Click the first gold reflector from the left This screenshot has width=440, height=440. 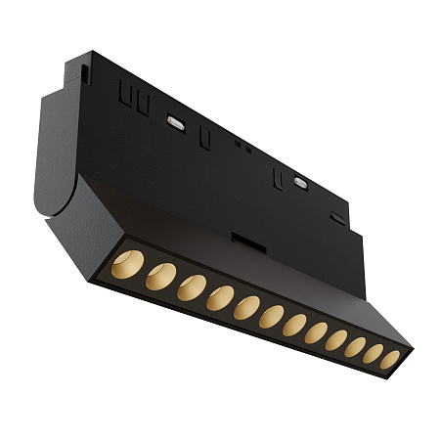pyautogui.click(x=127, y=264)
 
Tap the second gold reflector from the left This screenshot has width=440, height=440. pyautogui.click(x=160, y=277)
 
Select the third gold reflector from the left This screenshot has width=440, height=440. pyautogui.click(x=193, y=288)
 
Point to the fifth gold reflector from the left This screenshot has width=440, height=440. pyautogui.click(x=247, y=309)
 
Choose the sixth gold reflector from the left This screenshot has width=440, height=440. pyautogui.click(x=272, y=318)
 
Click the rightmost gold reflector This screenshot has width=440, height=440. pyautogui.click(x=389, y=360)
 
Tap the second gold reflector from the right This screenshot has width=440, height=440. pyautogui.click(x=373, y=354)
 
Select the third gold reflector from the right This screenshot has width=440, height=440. pyautogui.click(x=354, y=347)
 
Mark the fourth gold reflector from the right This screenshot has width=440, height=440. pyautogui.click(x=335, y=340)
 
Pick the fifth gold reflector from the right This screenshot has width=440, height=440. pyautogui.click(x=315, y=333)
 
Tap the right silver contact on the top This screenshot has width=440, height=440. pyautogui.click(x=299, y=181)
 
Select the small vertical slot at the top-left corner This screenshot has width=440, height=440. pyautogui.click(x=85, y=73)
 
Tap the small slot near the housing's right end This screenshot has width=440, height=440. pyautogui.click(x=337, y=218)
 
